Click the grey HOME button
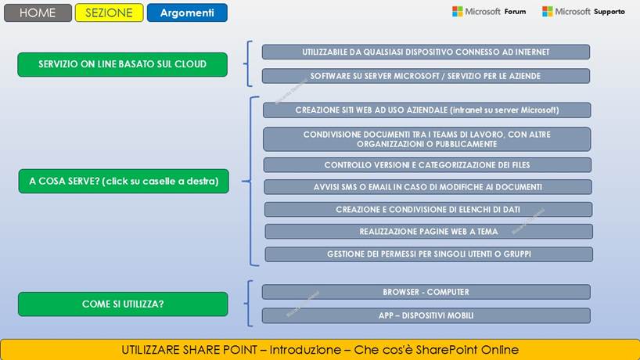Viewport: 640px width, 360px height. pos(37,13)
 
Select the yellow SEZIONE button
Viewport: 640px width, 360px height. pos(109,13)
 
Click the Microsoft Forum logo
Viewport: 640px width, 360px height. pos(489,12)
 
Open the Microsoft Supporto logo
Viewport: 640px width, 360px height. pos(584,12)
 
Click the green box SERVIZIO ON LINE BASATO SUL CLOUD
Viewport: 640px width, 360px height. pos(122,64)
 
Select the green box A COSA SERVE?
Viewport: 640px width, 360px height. pos(123,182)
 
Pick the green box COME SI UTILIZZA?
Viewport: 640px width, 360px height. pos(122,304)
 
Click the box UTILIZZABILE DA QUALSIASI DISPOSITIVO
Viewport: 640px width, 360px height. pos(426,52)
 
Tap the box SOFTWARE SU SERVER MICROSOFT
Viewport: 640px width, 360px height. pos(426,76)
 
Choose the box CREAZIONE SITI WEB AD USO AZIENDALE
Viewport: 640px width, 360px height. pos(426,110)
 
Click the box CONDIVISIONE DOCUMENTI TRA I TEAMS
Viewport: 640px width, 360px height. pos(426,139)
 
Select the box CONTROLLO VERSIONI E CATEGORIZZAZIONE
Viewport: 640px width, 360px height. pos(426,165)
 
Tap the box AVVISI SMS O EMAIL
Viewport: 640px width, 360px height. pos(427,187)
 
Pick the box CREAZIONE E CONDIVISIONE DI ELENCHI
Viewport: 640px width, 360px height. pos(428,209)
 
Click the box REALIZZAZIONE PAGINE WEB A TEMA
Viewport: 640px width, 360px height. pos(428,232)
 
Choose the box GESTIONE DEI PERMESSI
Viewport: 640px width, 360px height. pos(428,254)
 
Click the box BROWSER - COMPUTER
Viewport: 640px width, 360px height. pos(426,292)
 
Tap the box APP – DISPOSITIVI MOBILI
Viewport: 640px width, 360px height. pos(426,315)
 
